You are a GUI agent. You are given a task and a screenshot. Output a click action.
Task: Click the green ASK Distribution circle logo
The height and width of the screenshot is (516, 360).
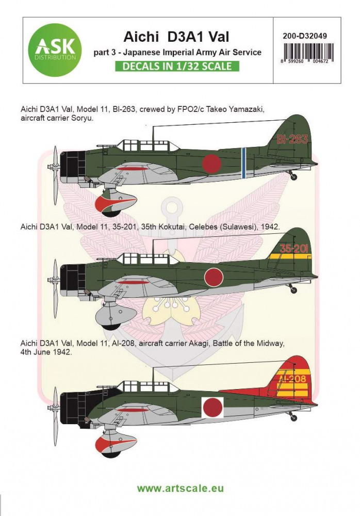click(56, 50)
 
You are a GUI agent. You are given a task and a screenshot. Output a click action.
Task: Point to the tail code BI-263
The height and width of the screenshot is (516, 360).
click(292, 139)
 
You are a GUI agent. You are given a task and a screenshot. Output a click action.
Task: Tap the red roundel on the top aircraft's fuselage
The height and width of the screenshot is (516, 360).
click(211, 163)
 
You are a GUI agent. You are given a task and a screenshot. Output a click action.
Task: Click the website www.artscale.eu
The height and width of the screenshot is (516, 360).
click(180, 488)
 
